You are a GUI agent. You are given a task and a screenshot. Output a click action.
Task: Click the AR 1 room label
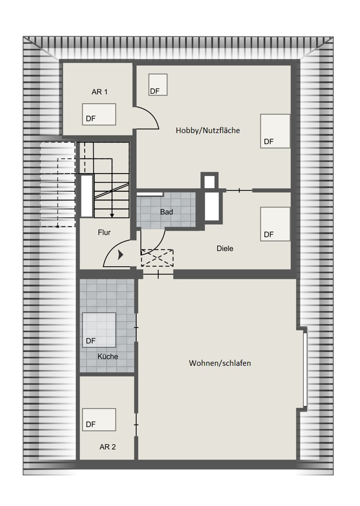click(x=99, y=92)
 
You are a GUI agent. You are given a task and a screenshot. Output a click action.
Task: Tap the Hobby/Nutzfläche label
click(x=208, y=131)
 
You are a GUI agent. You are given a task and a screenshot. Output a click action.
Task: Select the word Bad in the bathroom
click(x=167, y=212)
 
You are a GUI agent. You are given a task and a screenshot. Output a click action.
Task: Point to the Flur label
click(x=104, y=232)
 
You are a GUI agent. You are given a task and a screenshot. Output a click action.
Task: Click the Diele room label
click(x=225, y=248)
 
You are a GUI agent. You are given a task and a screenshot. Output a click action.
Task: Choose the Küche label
click(x=108, y=357)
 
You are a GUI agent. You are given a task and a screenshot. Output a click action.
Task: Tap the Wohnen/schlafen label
click(x=220, y=363)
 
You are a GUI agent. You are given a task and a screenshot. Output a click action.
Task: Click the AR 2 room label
click(x=107, y=447)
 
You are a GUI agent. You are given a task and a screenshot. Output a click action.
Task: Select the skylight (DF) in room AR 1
click(x=99, y=114)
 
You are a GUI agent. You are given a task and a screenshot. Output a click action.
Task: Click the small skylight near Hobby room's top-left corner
click(x=158, y=85)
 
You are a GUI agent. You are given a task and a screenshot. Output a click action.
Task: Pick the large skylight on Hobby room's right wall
click(x=275, y=131)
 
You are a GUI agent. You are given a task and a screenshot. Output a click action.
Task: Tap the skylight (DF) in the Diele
click(x=275, y=224)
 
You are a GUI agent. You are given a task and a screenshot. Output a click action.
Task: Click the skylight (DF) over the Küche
click(x=99, y=330)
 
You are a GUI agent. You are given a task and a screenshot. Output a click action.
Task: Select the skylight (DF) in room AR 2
click(x=99, y=419)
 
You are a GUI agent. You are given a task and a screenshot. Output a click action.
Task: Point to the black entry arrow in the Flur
click(x=121, y=255)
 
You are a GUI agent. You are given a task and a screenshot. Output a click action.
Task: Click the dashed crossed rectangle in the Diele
click(x=157, y=258)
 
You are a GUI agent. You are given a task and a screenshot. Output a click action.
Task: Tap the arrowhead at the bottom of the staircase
click(x=112, y=215)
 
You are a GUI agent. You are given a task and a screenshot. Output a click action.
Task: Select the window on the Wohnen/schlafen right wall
click(x=305, y=369)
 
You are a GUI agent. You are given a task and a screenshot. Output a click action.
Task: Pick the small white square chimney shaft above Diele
click(x=210, y=181)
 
